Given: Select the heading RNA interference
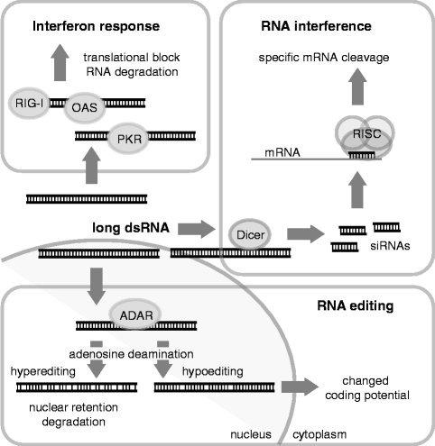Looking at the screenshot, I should tap(331, 21).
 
